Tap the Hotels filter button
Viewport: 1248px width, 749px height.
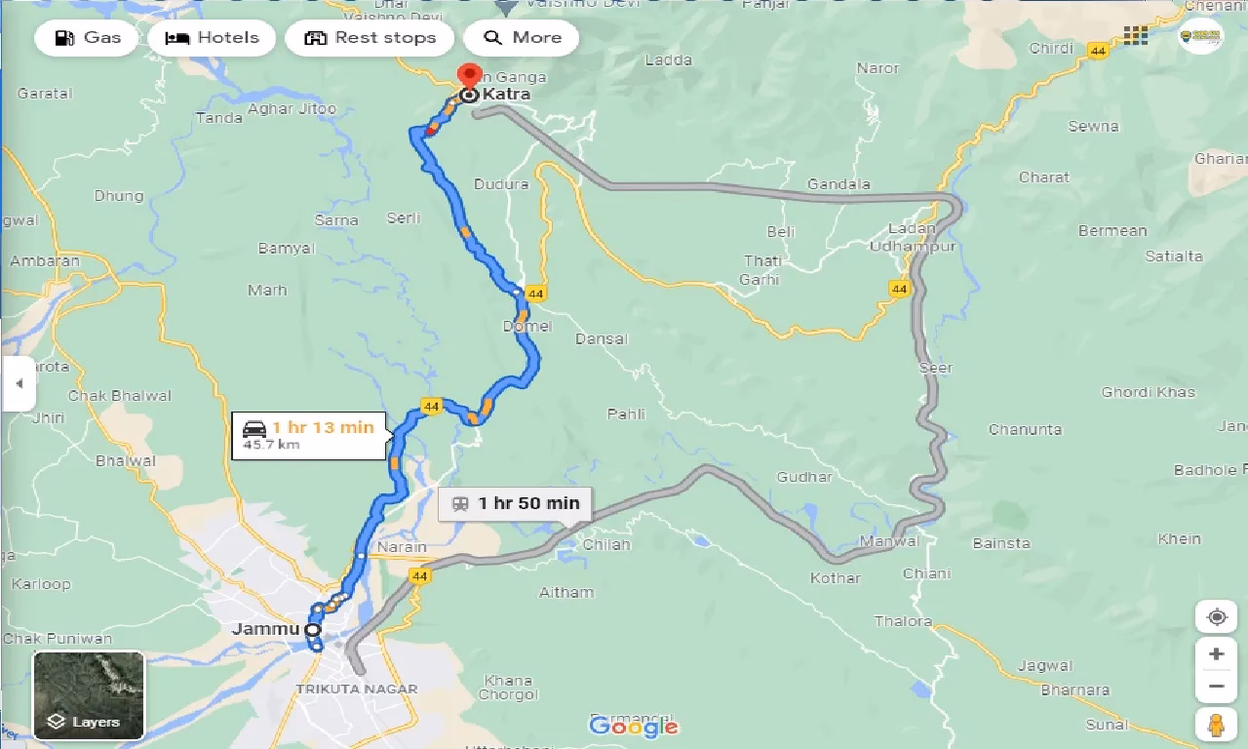click(212, 38)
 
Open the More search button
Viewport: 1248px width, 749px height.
click(522, 38)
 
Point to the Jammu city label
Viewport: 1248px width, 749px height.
click(265, 629)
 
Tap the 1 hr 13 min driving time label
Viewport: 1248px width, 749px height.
click(309, 435)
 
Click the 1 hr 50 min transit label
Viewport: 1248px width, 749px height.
click(515, 503)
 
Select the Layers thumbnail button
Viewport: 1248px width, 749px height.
click(89, 694)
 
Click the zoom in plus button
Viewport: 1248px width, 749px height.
click(1216, 653)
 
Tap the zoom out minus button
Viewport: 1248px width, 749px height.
click(1216, 687)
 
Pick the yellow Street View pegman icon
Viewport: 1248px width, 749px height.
click(1216, 724)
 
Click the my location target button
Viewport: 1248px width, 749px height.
click(1216, 616)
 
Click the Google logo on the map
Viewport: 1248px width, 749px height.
click(634, 726)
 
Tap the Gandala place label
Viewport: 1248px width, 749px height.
click(838, 184)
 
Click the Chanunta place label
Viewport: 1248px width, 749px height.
click(1025, 429)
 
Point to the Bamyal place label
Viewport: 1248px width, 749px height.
click(286, 249)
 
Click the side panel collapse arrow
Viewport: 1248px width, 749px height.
click(18, 383)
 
